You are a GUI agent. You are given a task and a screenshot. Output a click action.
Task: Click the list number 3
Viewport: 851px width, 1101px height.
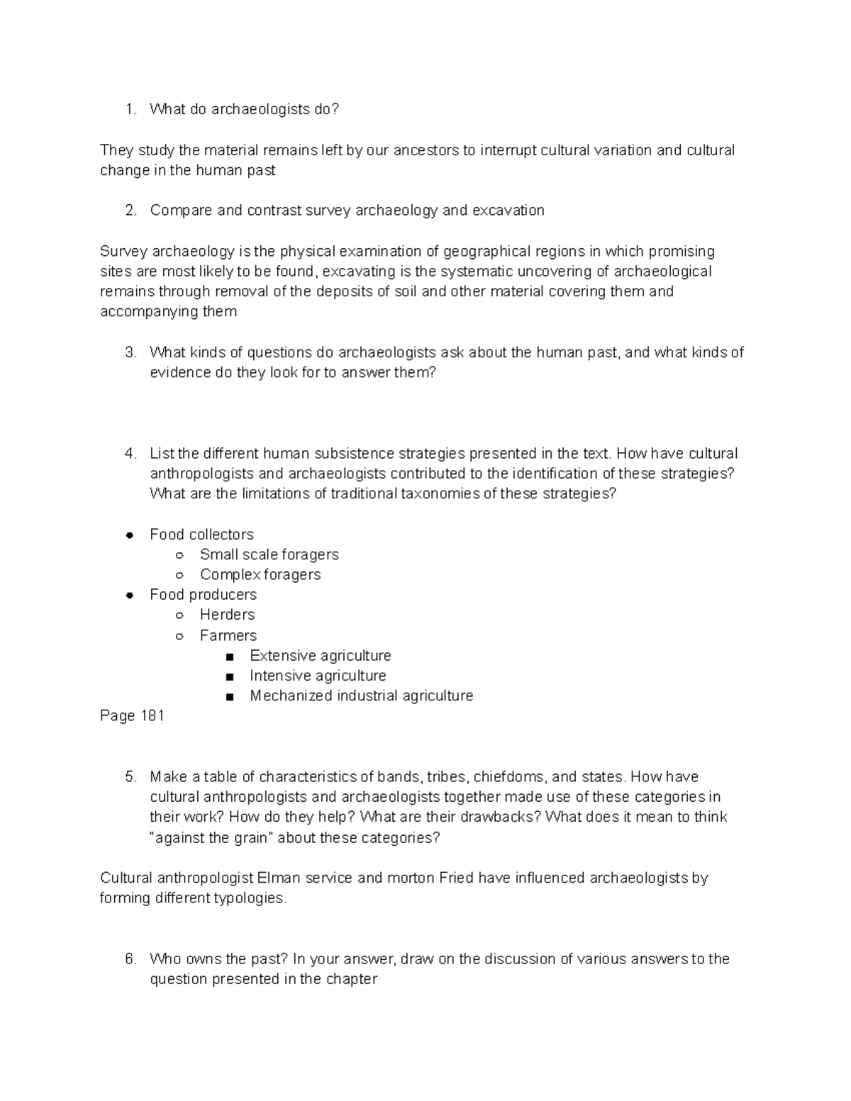point(129,352)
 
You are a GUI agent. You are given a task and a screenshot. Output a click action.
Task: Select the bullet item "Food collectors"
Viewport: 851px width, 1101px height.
point(201,535)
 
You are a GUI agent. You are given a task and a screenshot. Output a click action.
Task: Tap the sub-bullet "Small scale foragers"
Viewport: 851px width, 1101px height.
point(269,554)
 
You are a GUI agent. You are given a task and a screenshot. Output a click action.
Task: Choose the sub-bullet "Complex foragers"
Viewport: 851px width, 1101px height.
point(260,575)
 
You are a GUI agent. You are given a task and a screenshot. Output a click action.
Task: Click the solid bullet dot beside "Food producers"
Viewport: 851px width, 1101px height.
point(130,596)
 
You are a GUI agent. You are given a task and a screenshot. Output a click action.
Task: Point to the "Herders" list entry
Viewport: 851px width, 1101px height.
point(227,615)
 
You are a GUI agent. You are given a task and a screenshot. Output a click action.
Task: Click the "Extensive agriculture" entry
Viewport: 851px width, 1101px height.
point(321,656)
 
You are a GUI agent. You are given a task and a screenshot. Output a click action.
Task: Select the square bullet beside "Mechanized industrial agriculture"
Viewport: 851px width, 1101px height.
point(229,697)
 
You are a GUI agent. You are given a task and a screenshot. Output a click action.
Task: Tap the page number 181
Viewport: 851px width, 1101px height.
point(152,716)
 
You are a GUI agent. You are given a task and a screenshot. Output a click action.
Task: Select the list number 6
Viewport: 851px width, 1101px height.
point(129,959)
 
